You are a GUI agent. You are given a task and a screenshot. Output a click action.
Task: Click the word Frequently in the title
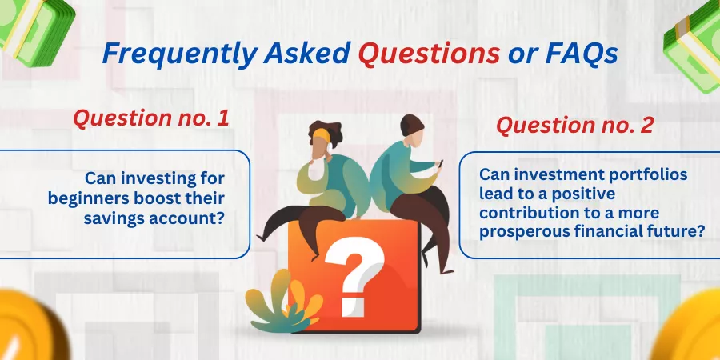pyautogui.click(x=179, y=54)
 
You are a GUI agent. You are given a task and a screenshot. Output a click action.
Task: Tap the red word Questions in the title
pyautogui.click(x=429, y=54)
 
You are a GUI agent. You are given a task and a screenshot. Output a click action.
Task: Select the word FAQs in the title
pyautogui.click(x=582, y=54)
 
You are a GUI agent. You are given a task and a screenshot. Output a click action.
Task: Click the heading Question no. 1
pyautogui.click(x=151, y=118)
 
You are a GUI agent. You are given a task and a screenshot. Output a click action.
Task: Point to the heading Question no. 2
pyautogui.click(x=575, y=125)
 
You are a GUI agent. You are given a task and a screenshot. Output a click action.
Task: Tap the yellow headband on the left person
pyautogui.click(x=322, y=135)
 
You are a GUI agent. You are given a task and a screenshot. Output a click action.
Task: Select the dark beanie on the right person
pyautogui.click(x=412, y=125)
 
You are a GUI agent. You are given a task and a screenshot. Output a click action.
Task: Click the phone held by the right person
pyautogui.click(x=440, y=164)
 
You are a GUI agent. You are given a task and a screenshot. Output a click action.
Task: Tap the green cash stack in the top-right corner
pyautogui.click(x=694, y=45)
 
